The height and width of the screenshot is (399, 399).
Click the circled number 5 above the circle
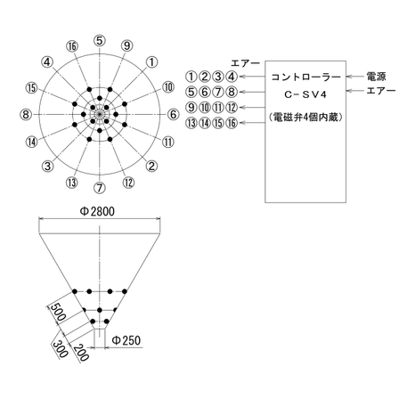(x=100, y=40)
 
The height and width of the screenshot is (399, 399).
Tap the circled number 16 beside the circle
(x=73, y=45)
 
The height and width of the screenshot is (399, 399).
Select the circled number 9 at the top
(x=127, y=45)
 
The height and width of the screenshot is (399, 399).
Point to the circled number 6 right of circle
(x=174, y=115)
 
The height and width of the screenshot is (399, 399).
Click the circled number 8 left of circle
(x=26, y=115)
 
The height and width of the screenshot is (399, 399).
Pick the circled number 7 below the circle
(x=100, y=189)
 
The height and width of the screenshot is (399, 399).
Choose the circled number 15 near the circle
(x=31, y=87)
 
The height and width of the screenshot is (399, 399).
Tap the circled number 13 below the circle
(x=72, y=183)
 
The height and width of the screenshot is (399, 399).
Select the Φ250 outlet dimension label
(x=126, y=341)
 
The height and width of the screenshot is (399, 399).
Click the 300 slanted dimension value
(x=61, y=348)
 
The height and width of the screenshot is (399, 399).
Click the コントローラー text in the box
(x=305, y=77)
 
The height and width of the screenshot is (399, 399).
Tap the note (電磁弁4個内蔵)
(x=305, y=118)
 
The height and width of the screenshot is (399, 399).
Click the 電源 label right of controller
(x=375, y=77)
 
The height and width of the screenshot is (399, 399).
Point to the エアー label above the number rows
(x=245, y=63)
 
